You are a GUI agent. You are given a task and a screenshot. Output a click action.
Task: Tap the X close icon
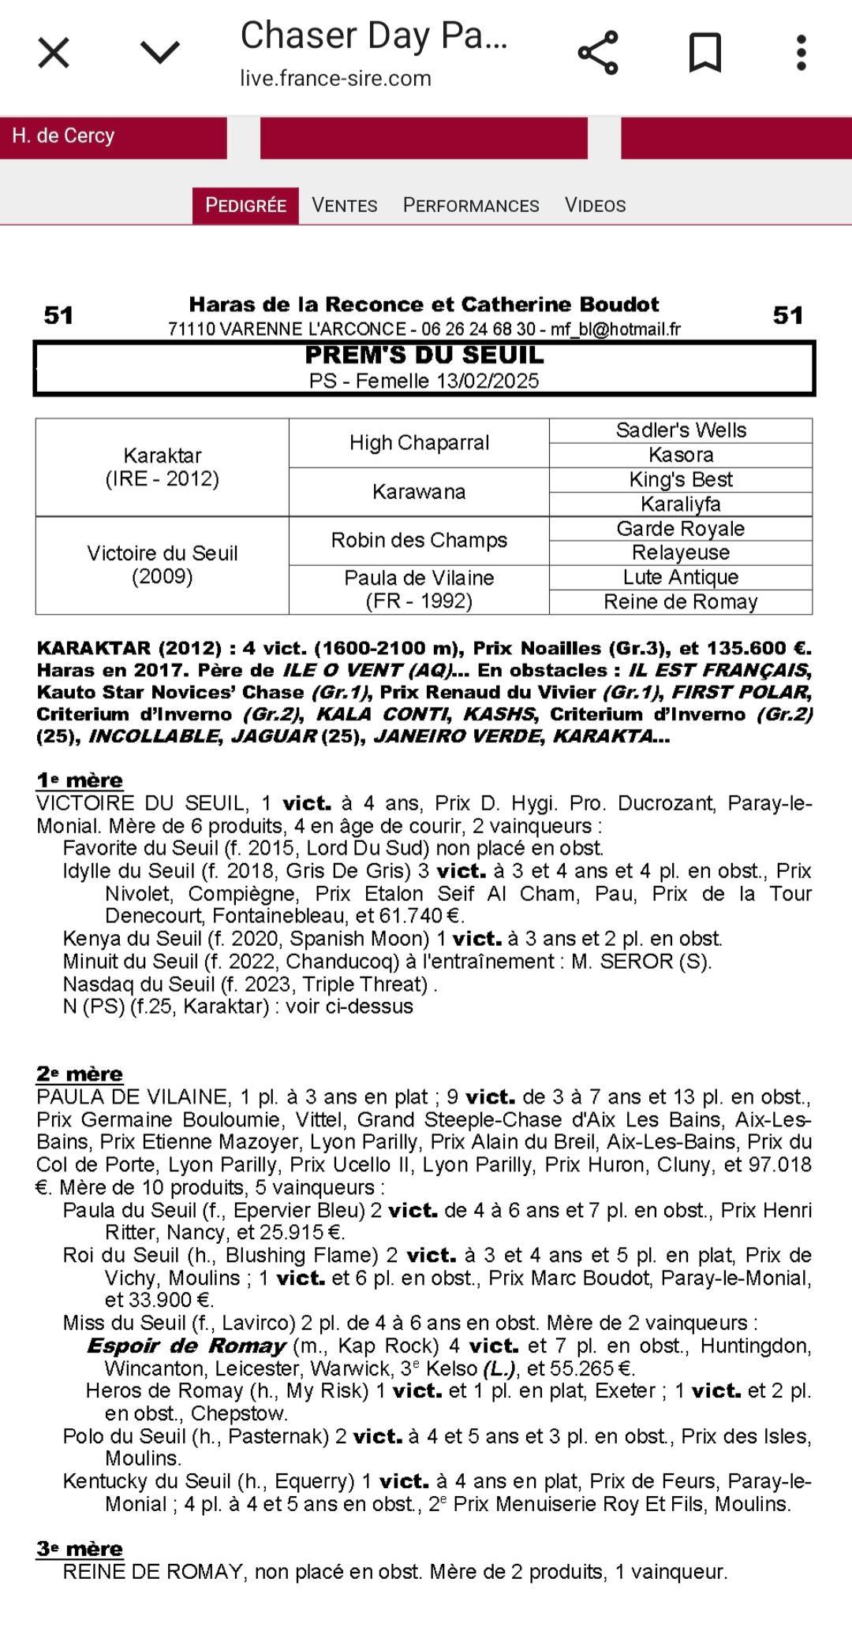(x=54, y=54)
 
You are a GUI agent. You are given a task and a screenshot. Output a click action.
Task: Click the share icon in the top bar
(x=598, y=53)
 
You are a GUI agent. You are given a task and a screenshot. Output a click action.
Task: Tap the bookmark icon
(x=704, y=53)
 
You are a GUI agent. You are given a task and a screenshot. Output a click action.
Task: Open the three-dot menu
(x=801, y=53)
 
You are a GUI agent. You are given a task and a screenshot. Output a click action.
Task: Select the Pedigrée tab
(x=245, y=206)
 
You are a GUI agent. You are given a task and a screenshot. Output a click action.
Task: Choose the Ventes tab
(x=344, y=206)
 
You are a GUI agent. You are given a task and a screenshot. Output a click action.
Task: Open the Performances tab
(x=471, y=206)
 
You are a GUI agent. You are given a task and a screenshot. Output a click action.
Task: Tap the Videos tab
(x=595, y=206)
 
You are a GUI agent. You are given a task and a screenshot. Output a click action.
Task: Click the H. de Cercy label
(x=63, y=136)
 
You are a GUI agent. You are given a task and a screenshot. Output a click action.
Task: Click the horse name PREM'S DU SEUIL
(x=424, y=356)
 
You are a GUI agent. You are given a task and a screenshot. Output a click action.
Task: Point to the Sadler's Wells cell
(x=681, y=430)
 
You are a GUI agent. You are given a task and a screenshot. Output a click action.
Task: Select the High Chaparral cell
(x=419, y=443)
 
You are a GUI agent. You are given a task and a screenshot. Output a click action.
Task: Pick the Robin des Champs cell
(x=419, y=541)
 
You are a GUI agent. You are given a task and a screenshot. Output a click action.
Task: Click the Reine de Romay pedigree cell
(x=681, y=602)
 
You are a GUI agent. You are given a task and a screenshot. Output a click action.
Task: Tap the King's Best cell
(x=681, y=480)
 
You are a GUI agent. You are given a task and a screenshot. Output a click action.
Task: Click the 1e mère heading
(x=80, y=780)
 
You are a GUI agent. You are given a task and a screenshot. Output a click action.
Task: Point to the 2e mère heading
(x=80, y=1074)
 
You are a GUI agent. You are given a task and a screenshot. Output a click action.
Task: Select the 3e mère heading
(x=80, y=1549)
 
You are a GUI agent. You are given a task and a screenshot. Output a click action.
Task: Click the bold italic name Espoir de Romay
(x=186, y=1346)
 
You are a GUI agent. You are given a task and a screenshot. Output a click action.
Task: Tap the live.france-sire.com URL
(x=335, y=79)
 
